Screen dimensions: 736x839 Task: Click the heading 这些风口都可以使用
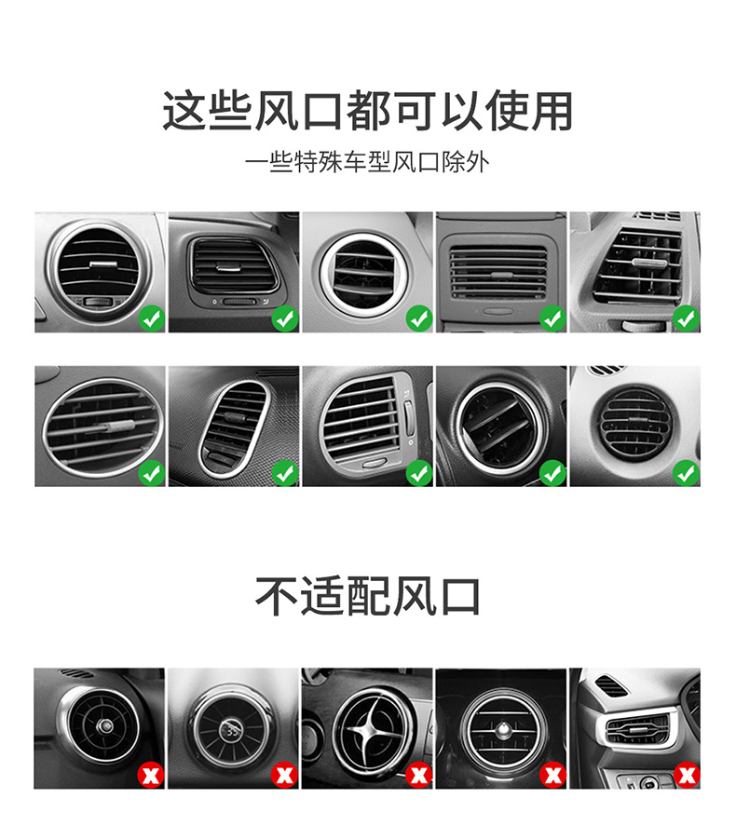click(367, 111)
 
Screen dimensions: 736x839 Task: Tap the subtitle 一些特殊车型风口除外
click(367, 162)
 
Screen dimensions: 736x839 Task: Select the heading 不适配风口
click(367, 596)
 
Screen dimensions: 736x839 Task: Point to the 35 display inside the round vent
click(232, 731)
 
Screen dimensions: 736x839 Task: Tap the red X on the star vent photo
click(418, 775)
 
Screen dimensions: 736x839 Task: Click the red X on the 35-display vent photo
click(285, 775)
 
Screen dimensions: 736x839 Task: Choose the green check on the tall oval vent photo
click(285, 473)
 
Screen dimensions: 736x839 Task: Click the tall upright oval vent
click(234, 428)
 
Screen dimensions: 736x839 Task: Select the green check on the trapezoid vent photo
click(687, 318)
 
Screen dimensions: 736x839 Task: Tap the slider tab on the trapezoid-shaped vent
click(649, 263)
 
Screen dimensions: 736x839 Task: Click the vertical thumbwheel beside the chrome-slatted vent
click(408, 419)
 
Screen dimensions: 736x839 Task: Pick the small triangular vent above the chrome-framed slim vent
click(610, 685)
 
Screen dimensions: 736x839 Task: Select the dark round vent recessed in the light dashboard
click(634, 424)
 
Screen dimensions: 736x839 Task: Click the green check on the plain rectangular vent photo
click(552, 318)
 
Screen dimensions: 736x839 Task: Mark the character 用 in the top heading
click(552, 111)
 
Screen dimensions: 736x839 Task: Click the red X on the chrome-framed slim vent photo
click(687, 775)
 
